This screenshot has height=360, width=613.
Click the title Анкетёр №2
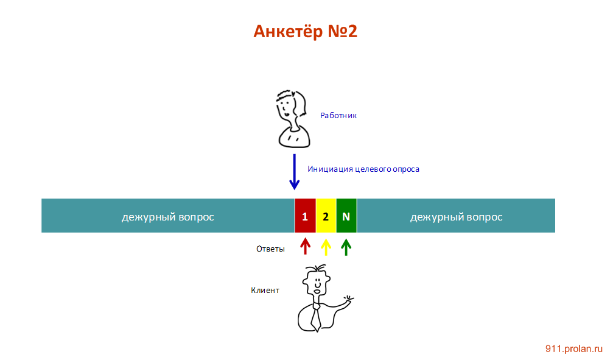click(x=305, y=32)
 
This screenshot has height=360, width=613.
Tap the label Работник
click(x=338, y=115)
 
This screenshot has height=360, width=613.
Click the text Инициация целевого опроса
click(x=363, y=169)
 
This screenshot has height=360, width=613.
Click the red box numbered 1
click(x=305, y=216)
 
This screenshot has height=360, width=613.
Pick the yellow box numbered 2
click(x=326, y=216)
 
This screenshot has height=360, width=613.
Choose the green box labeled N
click(x=346, y=216)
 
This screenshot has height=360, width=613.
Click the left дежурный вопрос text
click(x=167, y=217)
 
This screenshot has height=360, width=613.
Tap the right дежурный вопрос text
click(x=456, y=217)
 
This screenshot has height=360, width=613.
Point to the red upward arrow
click(x=306, y=246)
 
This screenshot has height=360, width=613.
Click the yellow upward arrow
click(x=326, y=246)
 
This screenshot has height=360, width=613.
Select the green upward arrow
click(x=346, y=246)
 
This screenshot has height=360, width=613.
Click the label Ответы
click(x=270, y=249)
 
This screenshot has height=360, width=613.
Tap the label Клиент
click(x=265, y=290)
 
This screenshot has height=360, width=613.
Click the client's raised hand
click(x=348, y=300)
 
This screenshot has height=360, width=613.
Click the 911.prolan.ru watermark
click(x=573, y=348)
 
